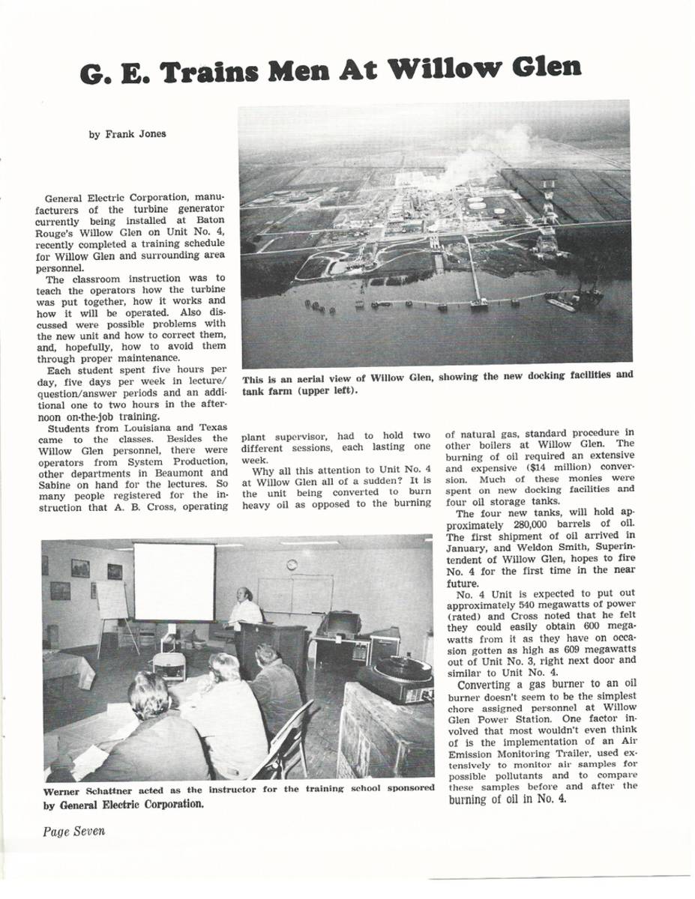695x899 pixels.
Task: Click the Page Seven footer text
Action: (x=73, y=831)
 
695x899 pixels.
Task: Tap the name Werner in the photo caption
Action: (x=64, y=790)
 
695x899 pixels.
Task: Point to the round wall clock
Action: (x=292, y=564)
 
